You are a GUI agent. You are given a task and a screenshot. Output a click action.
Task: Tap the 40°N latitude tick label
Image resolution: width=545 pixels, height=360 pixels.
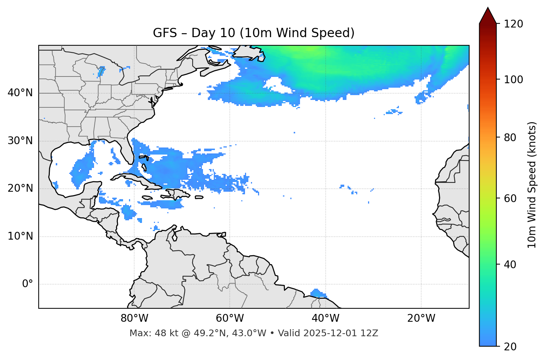(20, 93)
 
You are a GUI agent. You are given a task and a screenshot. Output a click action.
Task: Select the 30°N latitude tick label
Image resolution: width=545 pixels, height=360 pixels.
(20, 141)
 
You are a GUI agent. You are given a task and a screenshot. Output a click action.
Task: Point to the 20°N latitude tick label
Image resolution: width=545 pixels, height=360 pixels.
(20, 188)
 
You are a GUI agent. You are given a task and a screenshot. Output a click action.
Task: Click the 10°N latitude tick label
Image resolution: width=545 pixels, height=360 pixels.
(20, 236)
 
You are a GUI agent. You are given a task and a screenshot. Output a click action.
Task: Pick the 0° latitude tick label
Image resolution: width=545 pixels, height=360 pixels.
(28, 284)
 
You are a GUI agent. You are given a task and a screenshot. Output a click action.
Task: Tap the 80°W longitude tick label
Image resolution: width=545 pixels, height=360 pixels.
(134, 318)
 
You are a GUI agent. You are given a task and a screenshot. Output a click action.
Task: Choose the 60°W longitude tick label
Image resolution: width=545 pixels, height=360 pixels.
(230, 318)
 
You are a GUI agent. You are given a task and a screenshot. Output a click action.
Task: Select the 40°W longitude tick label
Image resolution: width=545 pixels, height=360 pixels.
(325, 318)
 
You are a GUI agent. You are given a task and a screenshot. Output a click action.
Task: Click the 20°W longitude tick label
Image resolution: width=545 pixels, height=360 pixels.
(421, 318)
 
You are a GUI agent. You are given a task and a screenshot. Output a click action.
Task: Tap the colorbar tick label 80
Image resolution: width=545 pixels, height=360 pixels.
(510, 137)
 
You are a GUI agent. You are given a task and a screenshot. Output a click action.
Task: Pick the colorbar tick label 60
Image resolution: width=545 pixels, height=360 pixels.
(510, 198)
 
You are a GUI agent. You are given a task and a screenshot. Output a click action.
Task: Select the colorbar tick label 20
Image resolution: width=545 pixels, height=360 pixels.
(510, 347)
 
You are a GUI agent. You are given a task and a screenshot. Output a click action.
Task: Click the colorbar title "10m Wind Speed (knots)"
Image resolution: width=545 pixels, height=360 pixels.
(532, 185)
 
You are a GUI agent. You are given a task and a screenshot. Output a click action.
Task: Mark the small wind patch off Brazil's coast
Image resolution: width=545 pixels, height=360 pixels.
(317, 293)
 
